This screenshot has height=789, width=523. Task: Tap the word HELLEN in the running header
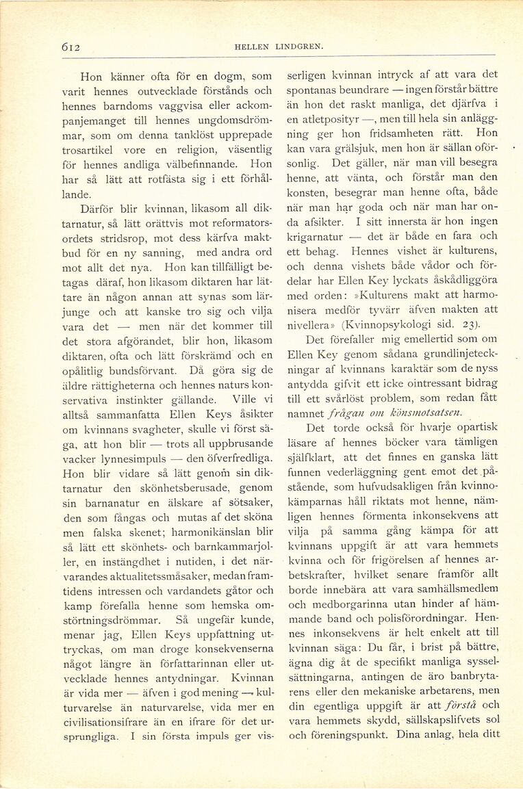click(251, 47)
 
